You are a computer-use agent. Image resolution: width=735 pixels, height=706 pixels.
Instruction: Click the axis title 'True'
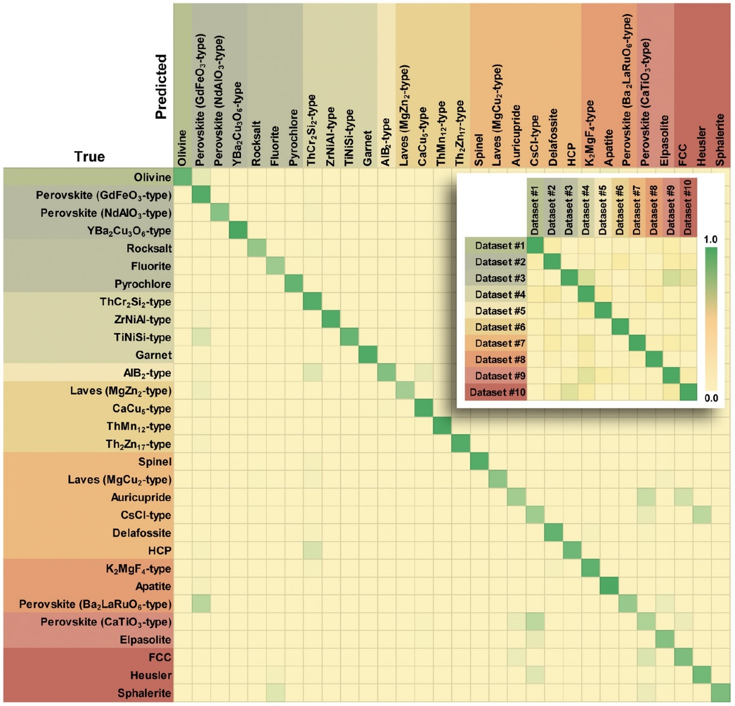pyautogui.click(x=89, y=156)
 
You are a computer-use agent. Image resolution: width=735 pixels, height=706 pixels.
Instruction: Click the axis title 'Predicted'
pyautogui.click(x=160, y=87)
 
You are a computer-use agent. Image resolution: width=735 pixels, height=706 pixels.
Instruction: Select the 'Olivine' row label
pyautogui.click(x=152, y=177)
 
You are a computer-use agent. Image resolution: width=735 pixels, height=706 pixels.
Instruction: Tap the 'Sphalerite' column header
pyautogui.click(x=721, y=140)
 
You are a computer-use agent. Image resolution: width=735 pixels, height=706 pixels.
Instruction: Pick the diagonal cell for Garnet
pyautogui.click(x=368, y=355)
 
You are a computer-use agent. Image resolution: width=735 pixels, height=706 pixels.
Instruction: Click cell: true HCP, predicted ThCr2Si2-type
pyautogui.click(x=312, y=551)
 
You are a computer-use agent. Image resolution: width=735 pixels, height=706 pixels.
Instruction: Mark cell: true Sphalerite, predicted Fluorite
pyautogui.click(x=275, y=693)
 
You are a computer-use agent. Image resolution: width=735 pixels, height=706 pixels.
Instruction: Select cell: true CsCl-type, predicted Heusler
pyautogui.click(x=702, y=515)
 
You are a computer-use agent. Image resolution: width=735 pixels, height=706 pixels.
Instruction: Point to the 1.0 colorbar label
pyautogui.click(x=710, y=239)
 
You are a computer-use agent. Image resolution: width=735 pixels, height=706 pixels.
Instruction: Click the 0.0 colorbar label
pyautogui.click(x=711, y=398)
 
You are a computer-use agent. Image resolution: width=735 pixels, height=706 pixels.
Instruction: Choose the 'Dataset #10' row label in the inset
pyautogui.click(x=498, y=392)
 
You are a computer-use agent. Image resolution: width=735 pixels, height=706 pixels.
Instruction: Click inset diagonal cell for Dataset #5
pyautogui.click(x=604, y=310)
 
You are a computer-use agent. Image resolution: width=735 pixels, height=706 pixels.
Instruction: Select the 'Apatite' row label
pyautogui.click(x=153, y=587)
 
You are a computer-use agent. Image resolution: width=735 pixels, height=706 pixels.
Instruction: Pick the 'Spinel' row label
pyautogui.click(x=155, y=462)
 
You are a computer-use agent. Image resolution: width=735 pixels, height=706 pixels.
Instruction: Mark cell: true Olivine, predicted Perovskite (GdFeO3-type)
pyautogui.click(x=201, y=177)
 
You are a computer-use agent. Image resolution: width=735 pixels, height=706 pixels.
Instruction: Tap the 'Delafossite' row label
pyautogui.click(x=142, y=533)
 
